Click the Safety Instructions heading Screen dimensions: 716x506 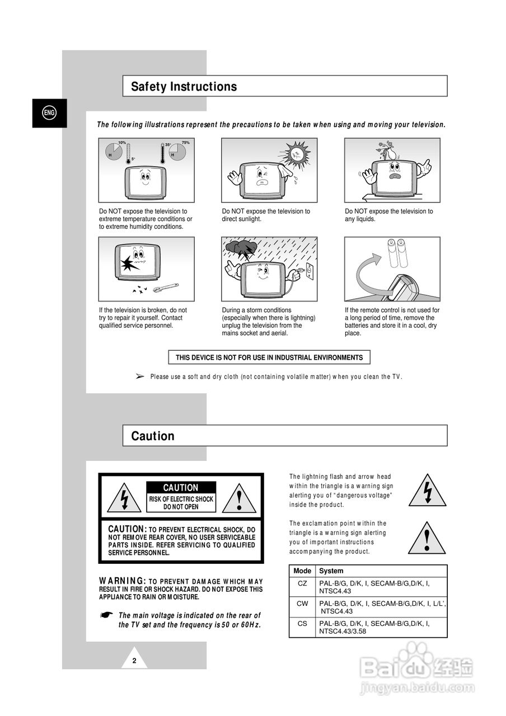tap(184, 87)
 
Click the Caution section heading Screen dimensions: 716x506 tap(153, 436)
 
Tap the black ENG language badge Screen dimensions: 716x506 tap(49, 113)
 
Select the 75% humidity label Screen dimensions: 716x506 tap(185, 143)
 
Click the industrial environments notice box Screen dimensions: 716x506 tap(269, 357)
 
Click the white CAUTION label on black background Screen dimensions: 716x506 tap(180, 488)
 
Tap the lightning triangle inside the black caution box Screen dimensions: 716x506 tap(124, 498)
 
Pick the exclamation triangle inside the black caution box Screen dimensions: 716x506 tap(239, 498)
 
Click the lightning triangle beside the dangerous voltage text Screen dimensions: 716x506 tap(427, 491)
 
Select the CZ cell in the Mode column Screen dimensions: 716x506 tap(302, 583)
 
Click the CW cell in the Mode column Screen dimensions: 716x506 tap(302, 604)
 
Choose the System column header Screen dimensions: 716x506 tap(331, 571)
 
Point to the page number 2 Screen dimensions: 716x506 tap(134, 661)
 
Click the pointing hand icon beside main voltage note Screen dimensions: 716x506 tap(106, 615)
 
